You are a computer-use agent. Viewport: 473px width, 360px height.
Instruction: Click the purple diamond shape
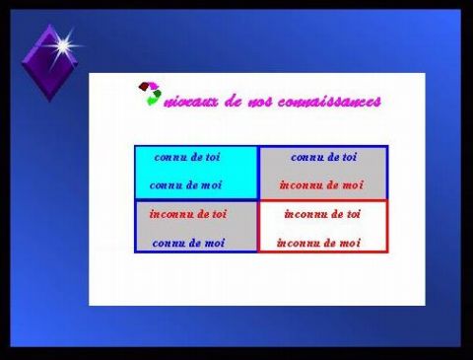[x=47, y=62]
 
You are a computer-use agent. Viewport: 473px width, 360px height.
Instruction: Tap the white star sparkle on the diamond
[x=63, y=44]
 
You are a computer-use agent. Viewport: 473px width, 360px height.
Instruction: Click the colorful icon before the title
[x=149, y=94]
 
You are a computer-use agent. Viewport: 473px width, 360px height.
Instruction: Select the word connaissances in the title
[x=330, y=102]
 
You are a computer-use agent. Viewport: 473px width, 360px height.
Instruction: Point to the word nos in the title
[x=262, y=102]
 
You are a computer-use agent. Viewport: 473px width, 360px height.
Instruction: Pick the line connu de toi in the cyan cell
[x=187, y=157]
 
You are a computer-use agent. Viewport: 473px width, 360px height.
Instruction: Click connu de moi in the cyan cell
[x=185, y=184]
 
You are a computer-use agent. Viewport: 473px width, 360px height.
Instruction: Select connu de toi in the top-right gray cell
[x=323, y=157]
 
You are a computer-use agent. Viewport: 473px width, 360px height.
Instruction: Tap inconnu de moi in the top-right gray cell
[x=321, y=184]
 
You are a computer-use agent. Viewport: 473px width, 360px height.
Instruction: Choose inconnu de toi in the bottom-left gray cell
[x=187, y=213]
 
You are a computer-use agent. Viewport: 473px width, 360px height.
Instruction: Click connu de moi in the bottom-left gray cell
[x=188, y=243]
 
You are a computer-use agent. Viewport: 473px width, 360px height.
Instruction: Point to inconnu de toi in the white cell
[x=322, y=213]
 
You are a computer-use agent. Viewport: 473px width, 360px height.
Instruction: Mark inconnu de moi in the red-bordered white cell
[x=318, y=243]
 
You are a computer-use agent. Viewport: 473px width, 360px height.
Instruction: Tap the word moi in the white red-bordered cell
[x=349, y=243]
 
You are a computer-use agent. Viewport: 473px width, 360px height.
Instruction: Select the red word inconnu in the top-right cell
[x=299, y=184]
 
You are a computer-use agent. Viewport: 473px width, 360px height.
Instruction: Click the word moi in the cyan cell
[x=210, y=184]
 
